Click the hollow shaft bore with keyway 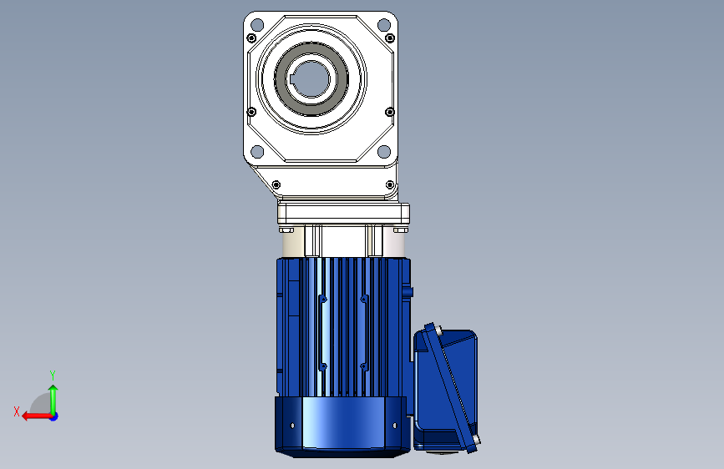[311, 79]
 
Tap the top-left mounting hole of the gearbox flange [257, 24]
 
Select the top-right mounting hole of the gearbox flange [383, 24]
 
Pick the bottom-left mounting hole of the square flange [257, 151]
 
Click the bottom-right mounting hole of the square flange [383, 151]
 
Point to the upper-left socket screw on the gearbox [251, 38]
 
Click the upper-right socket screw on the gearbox [390, 38]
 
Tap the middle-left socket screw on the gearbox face [251, 112]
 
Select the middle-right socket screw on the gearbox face [390, 112]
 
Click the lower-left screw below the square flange [276, 184]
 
